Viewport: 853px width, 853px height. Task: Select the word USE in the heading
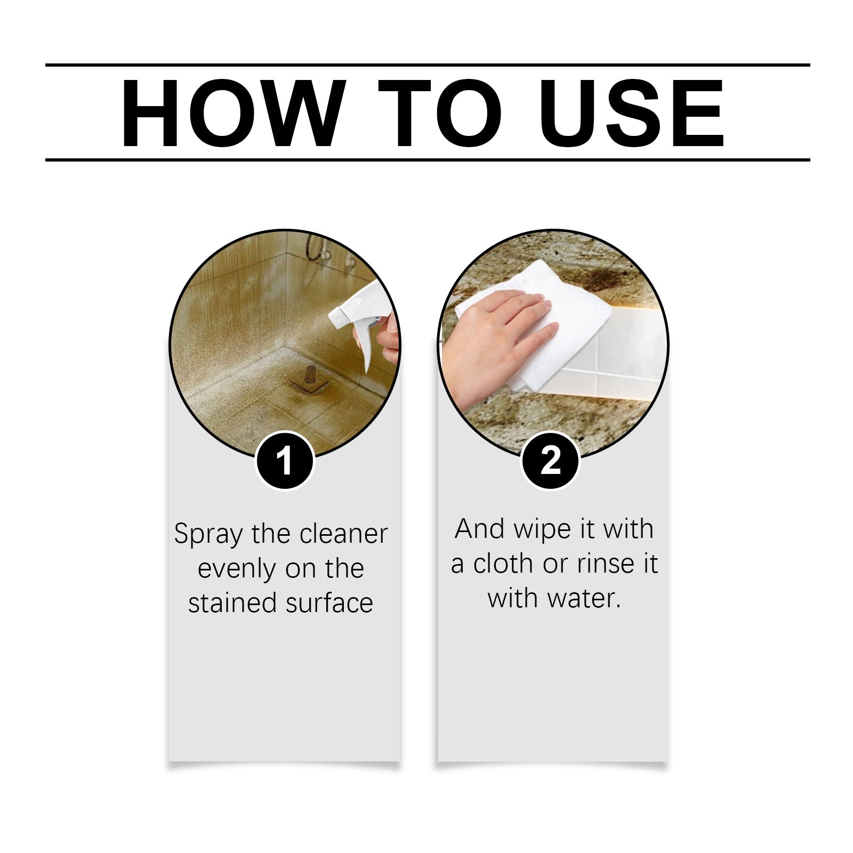(634, 113)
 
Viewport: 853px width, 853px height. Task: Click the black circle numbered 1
(285, 461)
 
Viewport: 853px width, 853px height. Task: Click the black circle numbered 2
(550, 461)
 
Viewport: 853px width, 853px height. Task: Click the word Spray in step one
(208, 535)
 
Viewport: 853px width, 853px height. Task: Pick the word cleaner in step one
(343, 534)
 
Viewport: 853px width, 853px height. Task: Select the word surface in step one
(329, 603)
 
